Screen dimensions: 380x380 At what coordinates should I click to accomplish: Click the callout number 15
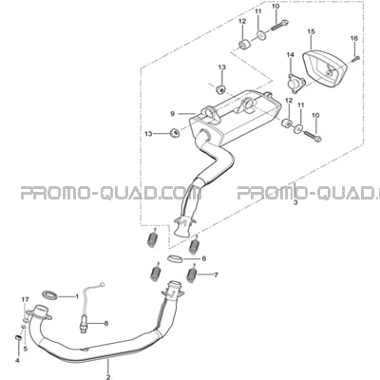pos(311,31)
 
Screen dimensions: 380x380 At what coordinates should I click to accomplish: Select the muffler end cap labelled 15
pos(325,66)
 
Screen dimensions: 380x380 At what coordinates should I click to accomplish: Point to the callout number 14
pos(291,55)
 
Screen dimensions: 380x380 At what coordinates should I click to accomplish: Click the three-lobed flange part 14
pos(295,84)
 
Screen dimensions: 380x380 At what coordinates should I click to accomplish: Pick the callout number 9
pos(172,114)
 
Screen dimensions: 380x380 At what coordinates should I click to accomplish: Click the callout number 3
pos(295,202)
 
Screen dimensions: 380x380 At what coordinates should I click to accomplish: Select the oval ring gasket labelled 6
pos(175,259)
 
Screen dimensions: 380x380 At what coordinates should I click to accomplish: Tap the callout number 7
pos(216,275)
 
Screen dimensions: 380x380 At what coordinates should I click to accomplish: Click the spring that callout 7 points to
pos(193,275)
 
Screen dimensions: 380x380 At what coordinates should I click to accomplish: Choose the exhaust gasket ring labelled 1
pos(50,295)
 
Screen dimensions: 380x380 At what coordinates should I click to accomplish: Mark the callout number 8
pos(106,324)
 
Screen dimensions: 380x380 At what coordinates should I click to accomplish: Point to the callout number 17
pos(25,299)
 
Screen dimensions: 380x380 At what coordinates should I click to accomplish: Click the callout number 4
pos(17,360)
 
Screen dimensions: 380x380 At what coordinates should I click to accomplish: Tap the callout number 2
pos(108,377)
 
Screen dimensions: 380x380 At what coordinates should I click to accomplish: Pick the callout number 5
pos(26,349)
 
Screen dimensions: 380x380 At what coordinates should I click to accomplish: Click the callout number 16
pos(354,38)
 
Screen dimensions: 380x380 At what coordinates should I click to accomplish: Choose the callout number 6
pos(204,258)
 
